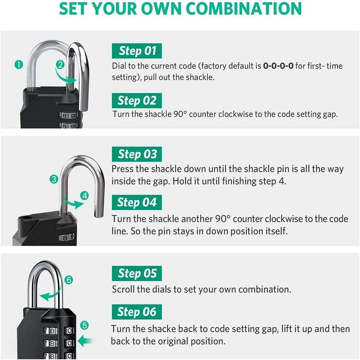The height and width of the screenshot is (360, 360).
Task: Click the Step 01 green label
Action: click(136, 51)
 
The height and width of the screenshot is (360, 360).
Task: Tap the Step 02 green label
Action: click(136, 100)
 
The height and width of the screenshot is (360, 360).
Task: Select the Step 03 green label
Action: click(137, 154)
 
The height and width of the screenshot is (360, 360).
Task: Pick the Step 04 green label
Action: click(136, 202)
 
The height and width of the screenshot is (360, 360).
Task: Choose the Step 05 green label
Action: click(137, 274)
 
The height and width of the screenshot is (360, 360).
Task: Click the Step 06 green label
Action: click(136, 312)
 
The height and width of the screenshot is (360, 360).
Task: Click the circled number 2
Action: click(60, 65)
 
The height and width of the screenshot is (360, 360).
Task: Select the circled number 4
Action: click(85, 196)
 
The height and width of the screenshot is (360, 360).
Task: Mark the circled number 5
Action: click(84, 325)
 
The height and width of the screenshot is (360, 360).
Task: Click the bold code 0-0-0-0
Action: click(278, 66)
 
